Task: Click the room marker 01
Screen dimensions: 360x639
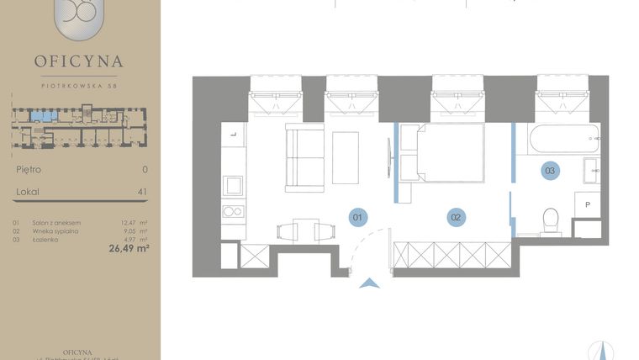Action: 357,217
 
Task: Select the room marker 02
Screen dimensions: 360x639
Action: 456,217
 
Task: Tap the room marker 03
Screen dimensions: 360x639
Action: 550,171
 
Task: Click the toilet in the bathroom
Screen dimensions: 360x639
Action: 552,220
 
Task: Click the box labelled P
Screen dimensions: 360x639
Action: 588,204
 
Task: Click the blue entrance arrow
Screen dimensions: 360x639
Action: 369,283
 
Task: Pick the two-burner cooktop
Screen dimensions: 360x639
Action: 234,211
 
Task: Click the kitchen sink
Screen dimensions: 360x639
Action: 234,184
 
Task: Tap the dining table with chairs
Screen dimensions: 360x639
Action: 298,229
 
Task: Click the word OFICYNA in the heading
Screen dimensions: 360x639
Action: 79,61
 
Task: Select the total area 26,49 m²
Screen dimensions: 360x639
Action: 128,248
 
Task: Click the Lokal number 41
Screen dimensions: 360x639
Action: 142,192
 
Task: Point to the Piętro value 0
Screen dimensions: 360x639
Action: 145,169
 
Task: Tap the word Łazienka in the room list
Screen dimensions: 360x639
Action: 45,238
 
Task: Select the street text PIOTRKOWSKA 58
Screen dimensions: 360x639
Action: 79,83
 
